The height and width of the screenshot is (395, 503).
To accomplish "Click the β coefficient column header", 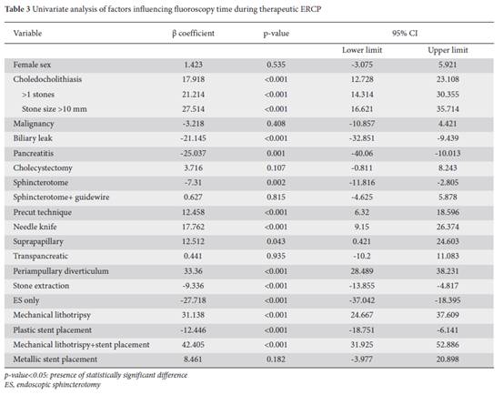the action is pos(193,34).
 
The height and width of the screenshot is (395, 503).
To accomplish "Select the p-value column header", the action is pos(277,34).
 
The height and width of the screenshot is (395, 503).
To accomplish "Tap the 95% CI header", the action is pos(405,33).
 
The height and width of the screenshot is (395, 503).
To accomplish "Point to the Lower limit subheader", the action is pos(362,50).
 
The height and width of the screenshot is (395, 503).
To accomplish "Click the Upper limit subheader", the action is pos(448,50).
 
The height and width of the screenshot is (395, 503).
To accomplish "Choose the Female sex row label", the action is pos(32,65).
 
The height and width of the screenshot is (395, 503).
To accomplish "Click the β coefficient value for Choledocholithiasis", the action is pos(193,79).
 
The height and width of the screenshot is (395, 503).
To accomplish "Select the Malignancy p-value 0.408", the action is pos(276,124).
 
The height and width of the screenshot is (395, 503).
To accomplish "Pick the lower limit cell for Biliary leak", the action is pos(362,138).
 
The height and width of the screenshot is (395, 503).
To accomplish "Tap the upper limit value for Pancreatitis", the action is pos(448,154).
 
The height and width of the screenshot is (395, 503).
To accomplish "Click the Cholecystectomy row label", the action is pos(43,168).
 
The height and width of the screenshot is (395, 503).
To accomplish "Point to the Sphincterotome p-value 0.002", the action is pos(276,183).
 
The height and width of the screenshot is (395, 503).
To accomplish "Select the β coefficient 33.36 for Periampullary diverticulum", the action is pos(193,271).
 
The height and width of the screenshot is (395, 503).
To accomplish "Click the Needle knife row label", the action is pos(35,227).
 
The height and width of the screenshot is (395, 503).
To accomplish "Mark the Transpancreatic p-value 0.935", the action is pos(276,256).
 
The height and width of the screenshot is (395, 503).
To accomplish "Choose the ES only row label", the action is pos(26,300).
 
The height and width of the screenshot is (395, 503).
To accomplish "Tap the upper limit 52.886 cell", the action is pos(448,345).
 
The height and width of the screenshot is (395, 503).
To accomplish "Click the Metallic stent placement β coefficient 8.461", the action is pos(193,360).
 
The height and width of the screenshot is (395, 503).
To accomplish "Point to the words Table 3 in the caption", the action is pos(17,9).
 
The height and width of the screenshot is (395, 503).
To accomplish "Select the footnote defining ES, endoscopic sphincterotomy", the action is pos(53,385).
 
